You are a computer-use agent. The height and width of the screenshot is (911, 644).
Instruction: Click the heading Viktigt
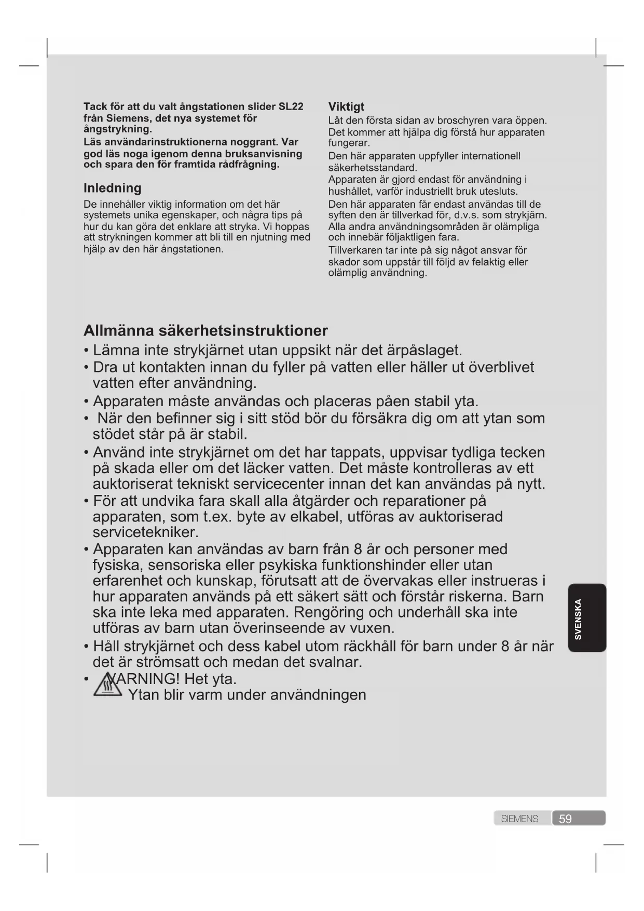click(x=346, y=107)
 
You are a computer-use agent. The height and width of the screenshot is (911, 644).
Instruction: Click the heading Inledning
click(x=112, y=188)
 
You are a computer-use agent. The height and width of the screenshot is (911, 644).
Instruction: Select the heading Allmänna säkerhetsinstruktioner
click(x=205, y=331)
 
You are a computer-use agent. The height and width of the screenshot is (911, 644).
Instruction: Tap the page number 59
click(x=565, y=819)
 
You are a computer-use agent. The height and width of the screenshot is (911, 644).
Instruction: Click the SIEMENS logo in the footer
click(x=519, y=819)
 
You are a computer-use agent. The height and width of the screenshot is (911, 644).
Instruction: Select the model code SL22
click(x=291, y=107)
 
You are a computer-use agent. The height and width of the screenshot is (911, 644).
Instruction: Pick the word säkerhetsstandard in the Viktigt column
click(x=373, y=168)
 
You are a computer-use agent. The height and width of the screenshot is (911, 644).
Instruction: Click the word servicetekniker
click(x=146, y=532)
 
